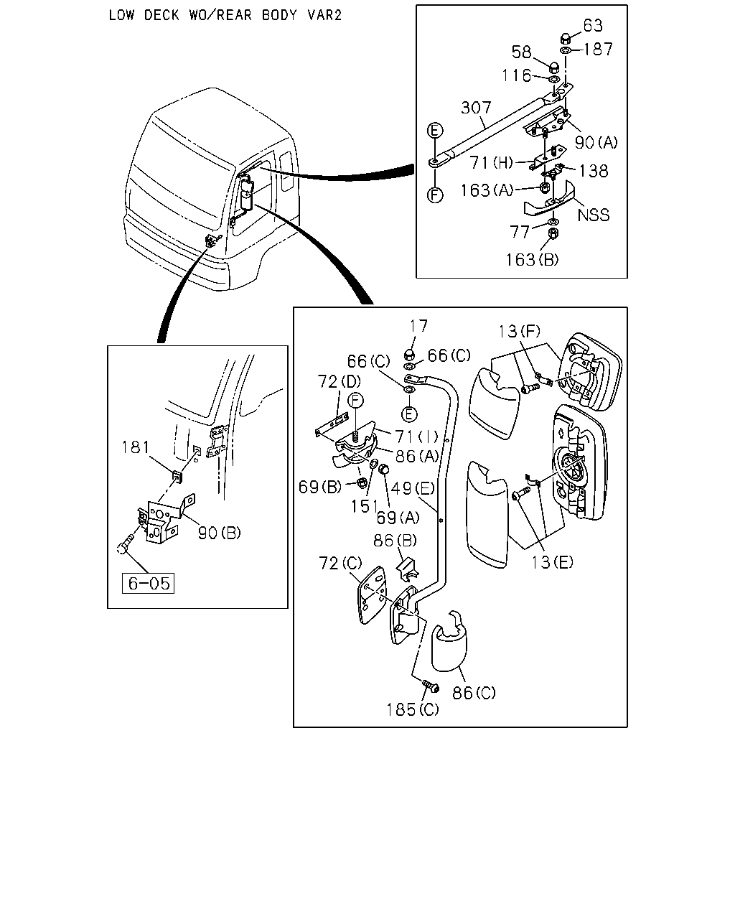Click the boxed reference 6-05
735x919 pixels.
(x=148, y=583)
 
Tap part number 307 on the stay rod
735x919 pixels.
(x=476, y=107)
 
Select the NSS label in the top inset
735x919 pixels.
(x=593, y=215)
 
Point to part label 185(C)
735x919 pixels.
(x=413, y=710)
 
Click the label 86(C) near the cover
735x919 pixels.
(x=474, y=693)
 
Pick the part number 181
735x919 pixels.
(x=136, y=447)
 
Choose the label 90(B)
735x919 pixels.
(x=220, y=533)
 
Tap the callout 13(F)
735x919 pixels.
(x=520, y=331)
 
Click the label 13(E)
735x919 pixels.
(x=552, y=562)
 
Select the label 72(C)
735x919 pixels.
(x=340, y=564)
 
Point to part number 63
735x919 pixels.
(x=593, y=26)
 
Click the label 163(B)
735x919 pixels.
(x=532, y=259)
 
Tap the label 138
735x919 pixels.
(x=594, y=172)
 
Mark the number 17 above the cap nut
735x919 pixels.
(x=418, y=326)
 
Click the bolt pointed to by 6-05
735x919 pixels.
(x=125, y=545)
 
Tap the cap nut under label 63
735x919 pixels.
(x=566, y=39)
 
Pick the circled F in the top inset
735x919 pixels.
(x=435, y=195)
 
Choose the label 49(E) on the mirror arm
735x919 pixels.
(x=413, y=488)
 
